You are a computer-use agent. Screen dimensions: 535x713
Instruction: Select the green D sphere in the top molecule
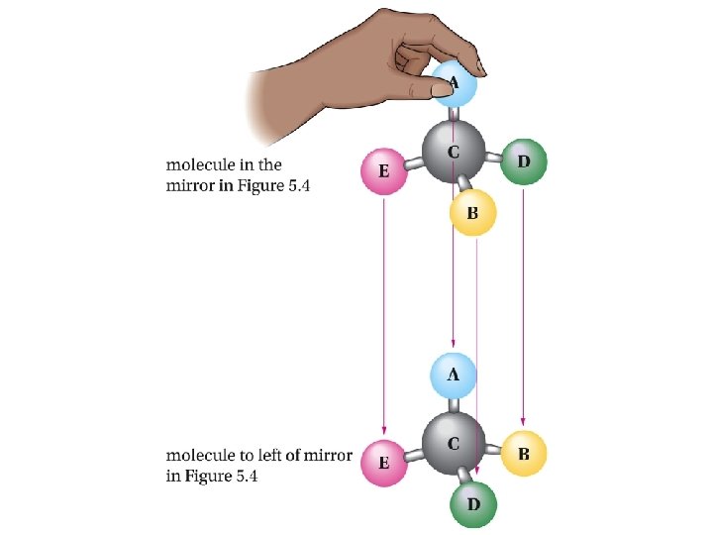[523, 161]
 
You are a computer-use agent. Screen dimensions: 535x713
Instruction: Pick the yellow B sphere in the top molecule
[472, 212]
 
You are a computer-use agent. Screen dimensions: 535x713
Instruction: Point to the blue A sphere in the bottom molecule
[454, 375]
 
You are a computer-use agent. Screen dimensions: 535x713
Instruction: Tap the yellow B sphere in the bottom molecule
[524, 454]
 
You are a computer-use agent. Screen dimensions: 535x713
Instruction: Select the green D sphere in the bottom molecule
[473, 504]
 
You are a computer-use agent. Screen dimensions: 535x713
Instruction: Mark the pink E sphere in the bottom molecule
[383, 463]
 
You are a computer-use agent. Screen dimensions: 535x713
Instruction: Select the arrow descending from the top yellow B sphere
[477, 347]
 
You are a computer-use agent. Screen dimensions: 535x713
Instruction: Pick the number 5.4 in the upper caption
[296, 185]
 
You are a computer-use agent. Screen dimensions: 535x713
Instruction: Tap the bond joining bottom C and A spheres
[454, 405]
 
